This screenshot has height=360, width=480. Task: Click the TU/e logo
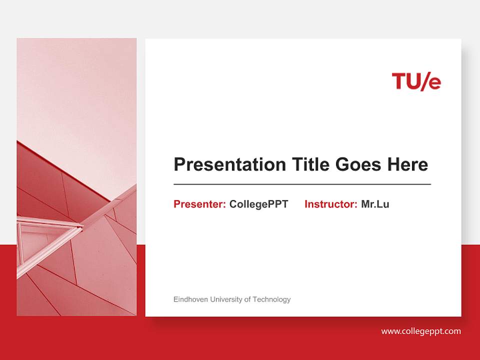[x=416, y=81]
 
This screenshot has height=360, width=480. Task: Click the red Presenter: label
[x=199, y=204]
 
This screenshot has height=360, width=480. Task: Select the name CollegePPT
[x=258, y=204]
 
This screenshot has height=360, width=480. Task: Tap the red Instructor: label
[x=330, y=204]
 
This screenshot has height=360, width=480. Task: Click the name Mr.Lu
[x=375, y=204]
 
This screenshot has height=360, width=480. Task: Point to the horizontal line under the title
[x=302, y=184]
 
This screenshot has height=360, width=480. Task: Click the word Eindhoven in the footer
[x=190, y=299]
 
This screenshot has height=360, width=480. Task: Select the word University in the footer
[x=226, y=299]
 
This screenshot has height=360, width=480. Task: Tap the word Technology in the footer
[x=271, y=299]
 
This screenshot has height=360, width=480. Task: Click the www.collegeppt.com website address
[x=421, y=331]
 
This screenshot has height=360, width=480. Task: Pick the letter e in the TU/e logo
[x=434, y=83]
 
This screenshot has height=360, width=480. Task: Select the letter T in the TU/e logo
[x=398, y=81]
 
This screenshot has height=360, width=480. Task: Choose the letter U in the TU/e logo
[x=412, y=81]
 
